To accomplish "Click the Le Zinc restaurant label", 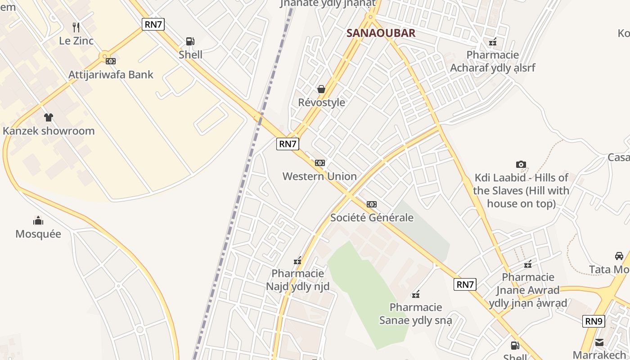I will pyautogui.click(x=76, y=41).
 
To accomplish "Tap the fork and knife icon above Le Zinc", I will pyautogui.click(x=76, y=27).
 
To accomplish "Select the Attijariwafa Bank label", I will pyautogui.click(x=111, y=75).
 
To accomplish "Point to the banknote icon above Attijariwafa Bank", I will pyautogui.click(x=110, y=61).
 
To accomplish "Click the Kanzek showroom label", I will pyautogui.click(x=49, y=131).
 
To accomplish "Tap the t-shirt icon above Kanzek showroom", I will pyautogui.click(x=48, y=117).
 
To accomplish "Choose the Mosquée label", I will pyautogui.click(x=38, y=234).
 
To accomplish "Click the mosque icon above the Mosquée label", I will pyautogui.click(x=38, y=220).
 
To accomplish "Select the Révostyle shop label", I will pyautogui.click(x=321, y=103).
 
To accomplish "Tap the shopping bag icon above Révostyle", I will pyautogui.click(x=321, y=89).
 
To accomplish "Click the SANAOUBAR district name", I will pyautogui.click(x=381, y=33).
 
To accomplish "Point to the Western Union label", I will pyautogui.click(x=319, y=176).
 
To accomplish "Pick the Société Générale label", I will pyautogui.click(x=372, y=218).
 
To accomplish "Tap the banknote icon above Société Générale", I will pyautogui.click(x=372, y=204).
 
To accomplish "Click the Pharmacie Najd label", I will pyautogui.click(x=297, y=280).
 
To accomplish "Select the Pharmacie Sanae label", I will pyautogui.click(x=416, y=314).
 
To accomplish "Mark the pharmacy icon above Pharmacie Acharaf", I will pyautogui.click(x=493, y=42).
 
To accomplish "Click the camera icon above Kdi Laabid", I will pyautogui.click(x=521, y=165).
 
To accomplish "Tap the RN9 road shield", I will pyautogui.click(x=594, y=321).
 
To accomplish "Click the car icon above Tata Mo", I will pyautogui.click(x=619, y=256).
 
